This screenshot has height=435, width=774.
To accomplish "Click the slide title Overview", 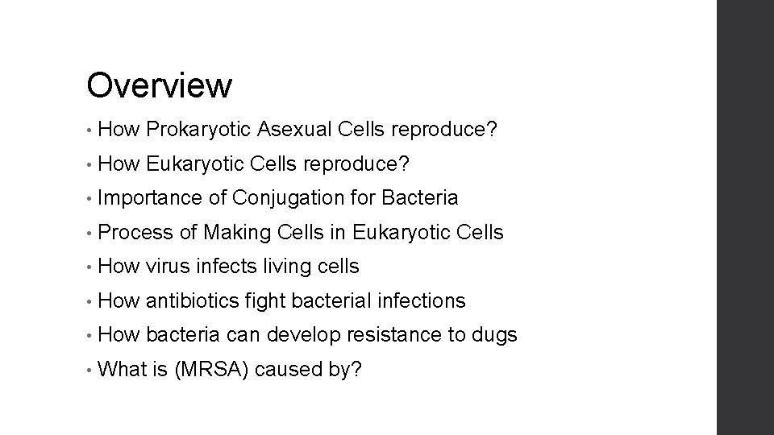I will click(160, 85).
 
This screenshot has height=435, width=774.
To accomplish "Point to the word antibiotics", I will click(193, 301).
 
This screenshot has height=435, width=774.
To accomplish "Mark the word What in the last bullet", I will click(123, 370).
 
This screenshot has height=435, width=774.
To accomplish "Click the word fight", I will click(265, 301).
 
